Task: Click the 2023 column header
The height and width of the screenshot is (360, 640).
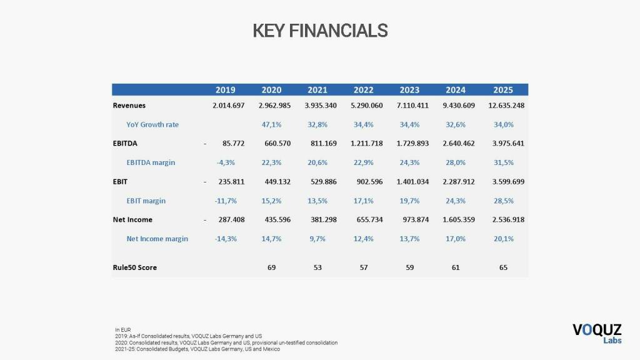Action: click(409, 90)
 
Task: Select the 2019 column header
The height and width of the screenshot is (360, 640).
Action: click(225, 90)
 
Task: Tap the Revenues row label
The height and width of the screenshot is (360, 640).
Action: click(129, 105)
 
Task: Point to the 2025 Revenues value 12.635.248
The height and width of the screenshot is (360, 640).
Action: click(504, 105)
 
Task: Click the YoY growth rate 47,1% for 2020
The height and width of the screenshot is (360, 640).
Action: click(271, 124)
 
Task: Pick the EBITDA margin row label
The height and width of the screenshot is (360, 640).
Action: click(151, 162)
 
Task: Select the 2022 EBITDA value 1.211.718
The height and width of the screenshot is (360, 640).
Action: click(364, 143)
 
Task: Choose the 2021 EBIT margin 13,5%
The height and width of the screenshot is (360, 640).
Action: click(317, 201)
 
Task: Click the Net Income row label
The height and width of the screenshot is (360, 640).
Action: click(132, 219)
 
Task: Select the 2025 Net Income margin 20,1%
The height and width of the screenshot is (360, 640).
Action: click(504, 238)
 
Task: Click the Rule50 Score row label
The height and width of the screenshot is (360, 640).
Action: click(135, 267)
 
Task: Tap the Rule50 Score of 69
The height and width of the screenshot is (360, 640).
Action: click(271, 267)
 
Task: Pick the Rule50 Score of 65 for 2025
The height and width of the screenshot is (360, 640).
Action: click(504, 267)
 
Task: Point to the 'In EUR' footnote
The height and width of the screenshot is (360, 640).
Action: click(122, 329)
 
